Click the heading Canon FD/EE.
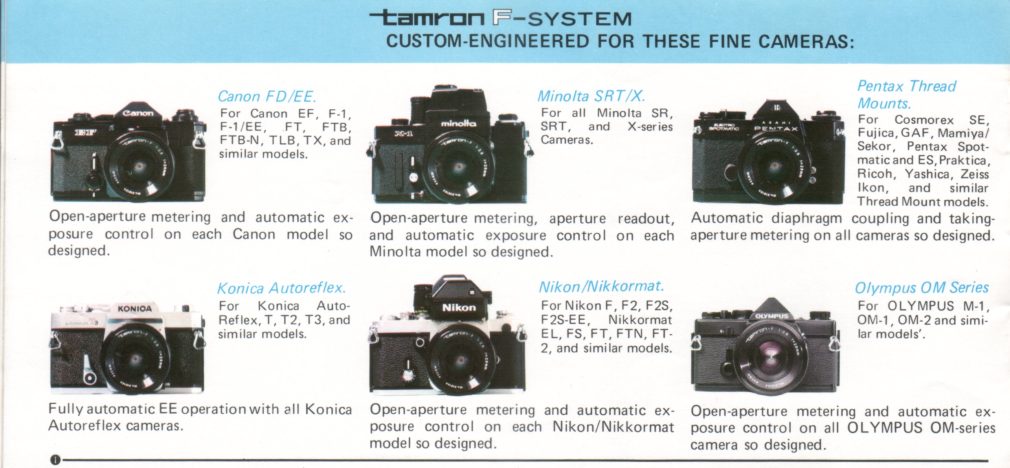[267, 96]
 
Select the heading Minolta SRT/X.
[591, 96]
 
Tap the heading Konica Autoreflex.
[281, 288]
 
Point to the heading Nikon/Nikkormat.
[601, 286]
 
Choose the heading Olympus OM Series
[922, 288]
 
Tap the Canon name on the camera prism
[138, 113]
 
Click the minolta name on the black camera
[458, 122]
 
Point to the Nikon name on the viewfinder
[459, 307]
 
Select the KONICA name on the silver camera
[134, 309]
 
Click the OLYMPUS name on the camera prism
[772, 316]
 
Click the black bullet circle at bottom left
[55, 460]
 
